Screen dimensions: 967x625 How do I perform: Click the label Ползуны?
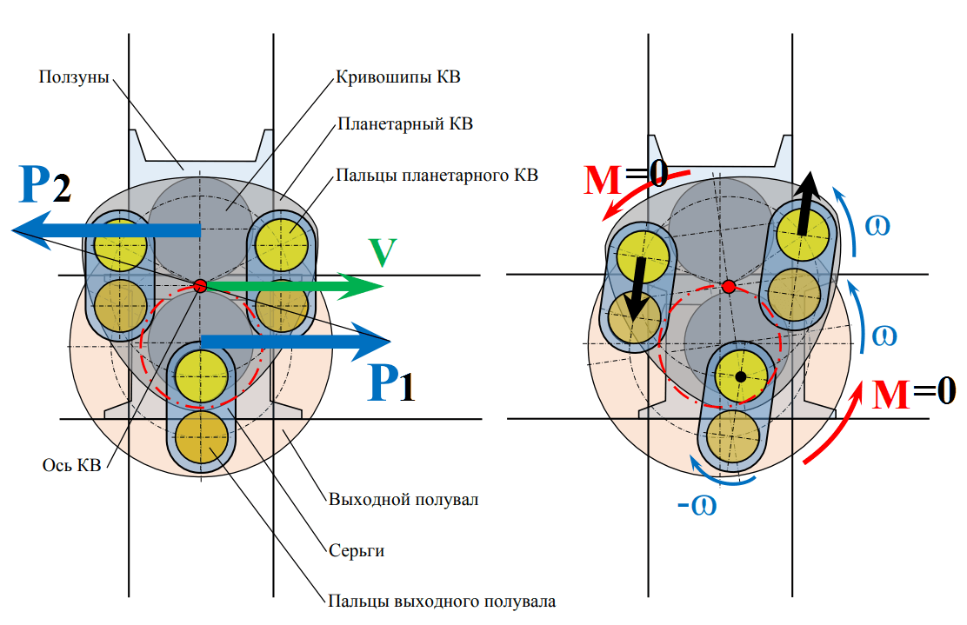click(x=74, y=77)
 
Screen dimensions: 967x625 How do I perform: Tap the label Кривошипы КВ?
click(x=397, y=77)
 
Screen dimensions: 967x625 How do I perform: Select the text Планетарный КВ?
click(x=405, y=124)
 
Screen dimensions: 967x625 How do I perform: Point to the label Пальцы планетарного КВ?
click(x=437, y=176)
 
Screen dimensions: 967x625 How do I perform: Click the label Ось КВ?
click(x=71, y=465)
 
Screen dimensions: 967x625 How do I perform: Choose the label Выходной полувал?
click(x=403, y=499)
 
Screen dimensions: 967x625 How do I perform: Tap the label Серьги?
click(x=357, y=550)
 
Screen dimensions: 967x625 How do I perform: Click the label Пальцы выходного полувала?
click(x=442, y=601)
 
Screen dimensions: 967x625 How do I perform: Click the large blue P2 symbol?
click(x=45, y=184)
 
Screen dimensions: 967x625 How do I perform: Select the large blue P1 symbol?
click(x=391, y=382)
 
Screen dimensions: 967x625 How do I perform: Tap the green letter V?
click(x=383, y=252)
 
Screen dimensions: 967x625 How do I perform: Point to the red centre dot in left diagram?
click(x=200, y=286)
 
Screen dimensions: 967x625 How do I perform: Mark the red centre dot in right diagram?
click(x=729, y=287)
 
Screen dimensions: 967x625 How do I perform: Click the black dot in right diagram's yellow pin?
click(x=741, y=376)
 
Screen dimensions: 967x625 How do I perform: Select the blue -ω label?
click(x=697, y=505)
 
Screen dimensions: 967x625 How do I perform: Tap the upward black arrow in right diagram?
click(x=807, y=203)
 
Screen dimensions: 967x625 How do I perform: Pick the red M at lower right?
click(x=890, y=394)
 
